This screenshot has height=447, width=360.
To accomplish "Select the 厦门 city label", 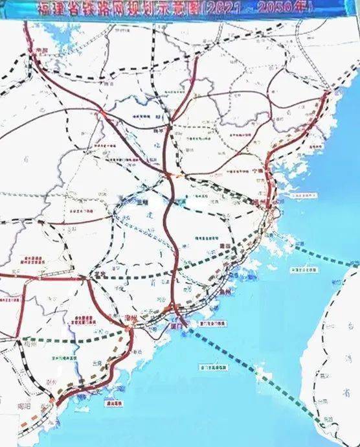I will [175, 327].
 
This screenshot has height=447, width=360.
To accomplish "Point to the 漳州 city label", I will [130, 317].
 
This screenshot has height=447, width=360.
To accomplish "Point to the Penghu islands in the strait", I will [259, 372].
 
